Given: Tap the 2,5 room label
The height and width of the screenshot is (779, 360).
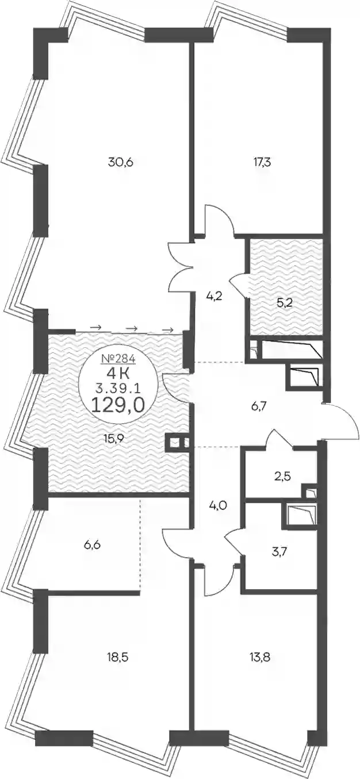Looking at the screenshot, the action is click(x=281, y=476).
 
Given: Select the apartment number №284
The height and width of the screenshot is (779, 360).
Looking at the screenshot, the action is click(x=118, y=358).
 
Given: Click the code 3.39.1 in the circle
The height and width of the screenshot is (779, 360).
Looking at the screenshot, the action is click(x=118, y=389).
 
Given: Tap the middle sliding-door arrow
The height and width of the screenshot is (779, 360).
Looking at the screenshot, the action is click(x=131, y=328).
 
